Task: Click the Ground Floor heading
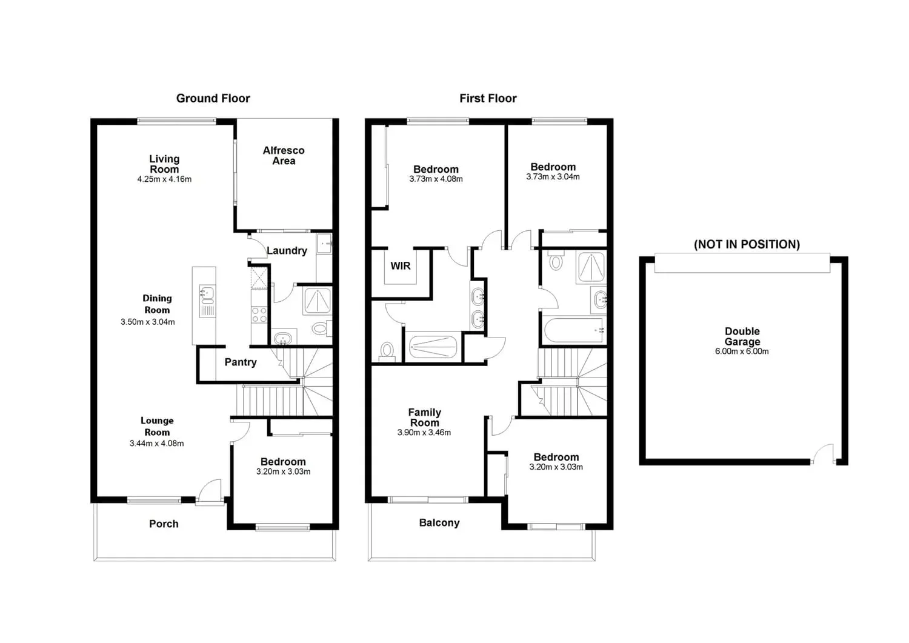(213, 98)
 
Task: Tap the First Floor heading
(488, 98)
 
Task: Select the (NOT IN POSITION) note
(747, 244)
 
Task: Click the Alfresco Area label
(284, 155)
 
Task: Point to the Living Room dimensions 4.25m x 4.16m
(164, 179)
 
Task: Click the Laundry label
(287, 250)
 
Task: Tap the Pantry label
(241, 362)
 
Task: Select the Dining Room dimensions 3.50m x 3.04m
(148, 322)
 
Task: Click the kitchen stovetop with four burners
(259, 315)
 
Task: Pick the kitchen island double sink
(207, 294)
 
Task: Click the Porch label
(164, 524)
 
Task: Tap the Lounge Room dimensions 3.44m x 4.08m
(156, 443)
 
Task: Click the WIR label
(401, 265)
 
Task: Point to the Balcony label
(439, 522)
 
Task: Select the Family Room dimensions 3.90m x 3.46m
(424, 433)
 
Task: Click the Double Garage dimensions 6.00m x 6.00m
(742, 351)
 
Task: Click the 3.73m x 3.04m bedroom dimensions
(553, 177)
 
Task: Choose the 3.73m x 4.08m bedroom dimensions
(436, 179)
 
